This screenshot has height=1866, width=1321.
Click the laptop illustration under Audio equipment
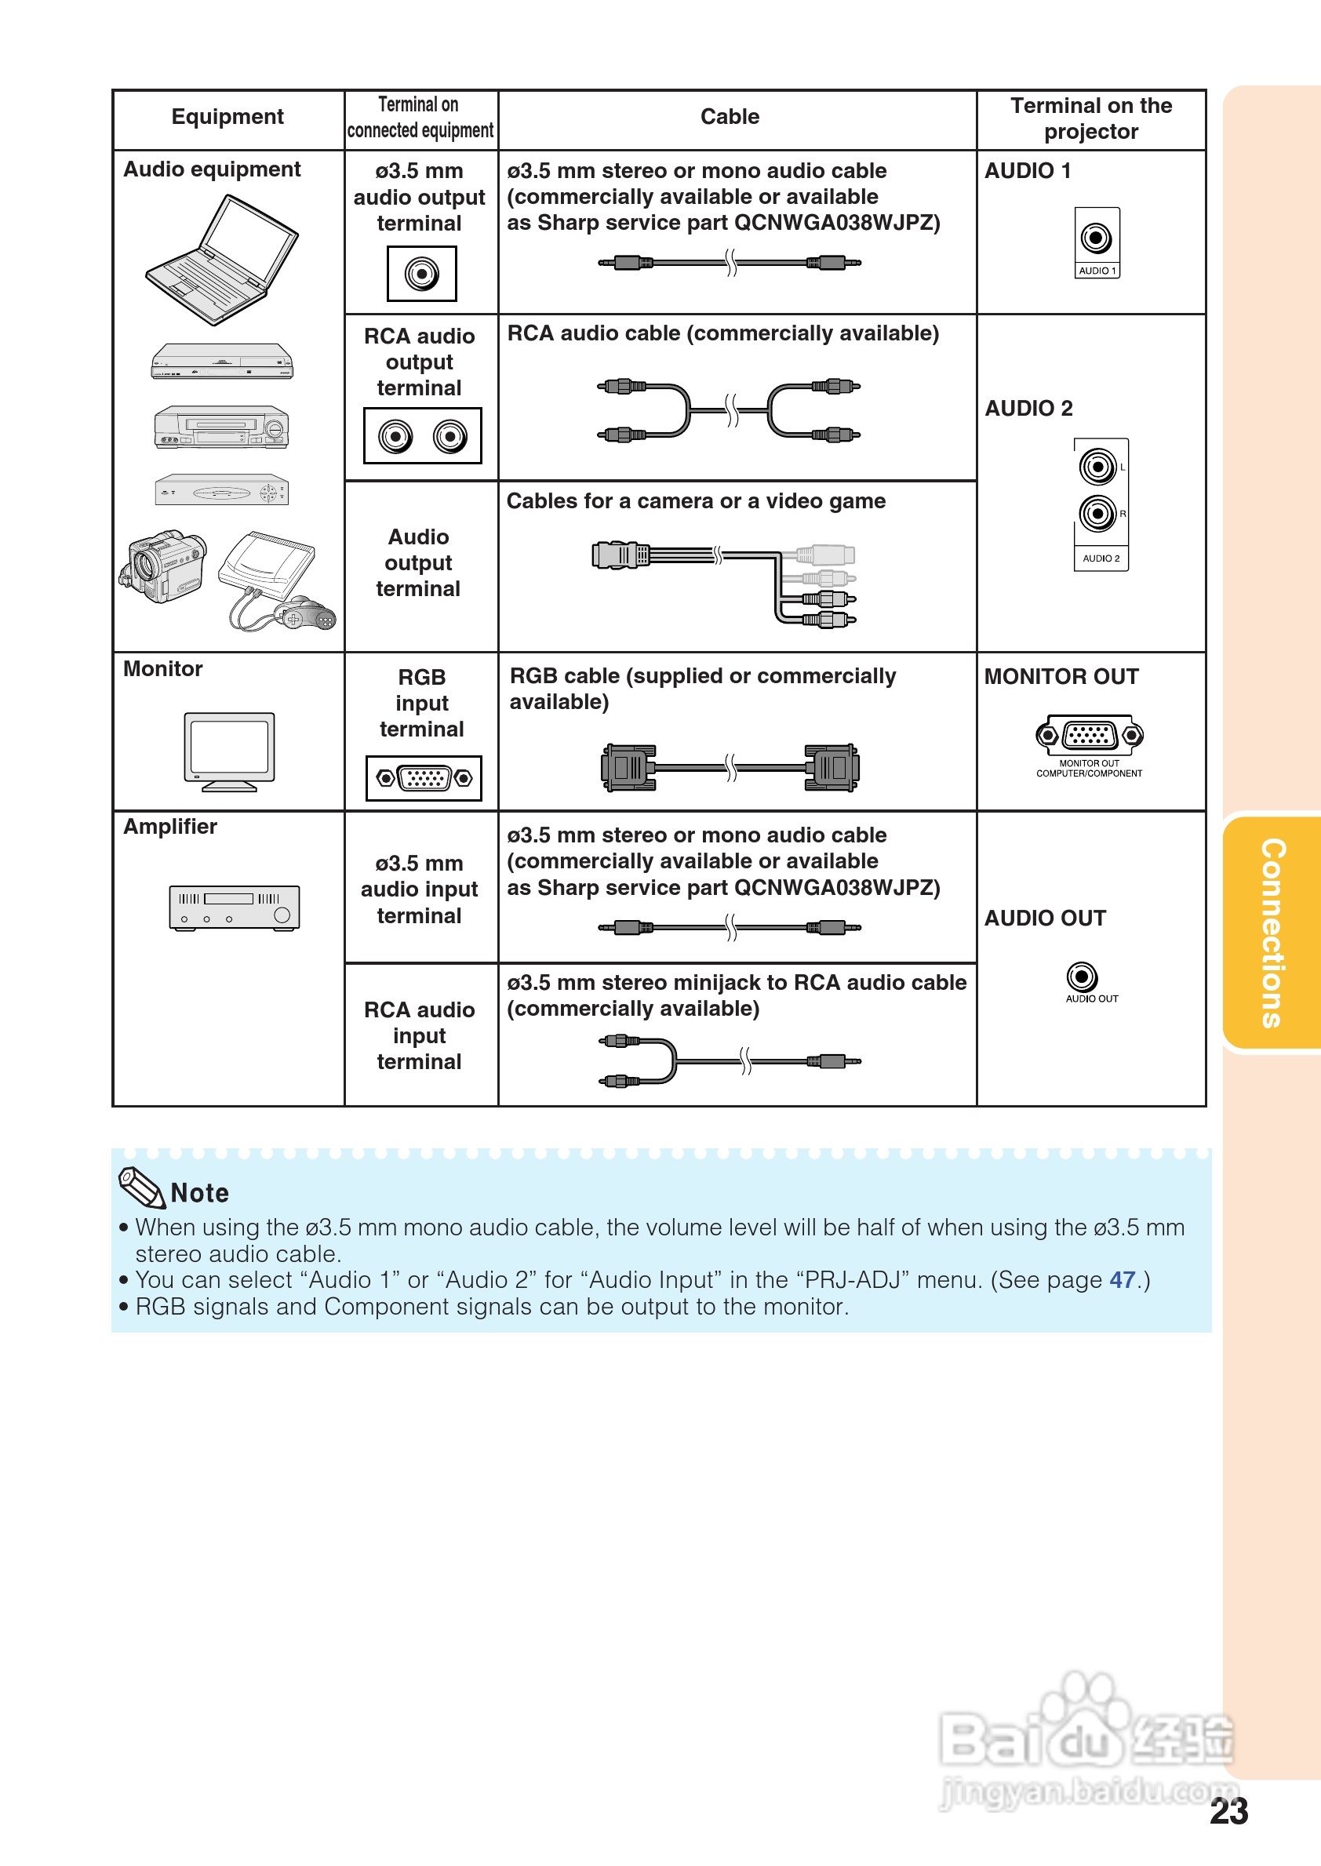coord(221,260)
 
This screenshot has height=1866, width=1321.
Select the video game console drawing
coord(277,579)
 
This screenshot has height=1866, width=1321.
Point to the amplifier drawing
coord(235,907)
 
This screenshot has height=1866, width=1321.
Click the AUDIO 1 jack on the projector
coord(1096,238)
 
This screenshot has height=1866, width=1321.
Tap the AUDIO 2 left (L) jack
coord(1097,467)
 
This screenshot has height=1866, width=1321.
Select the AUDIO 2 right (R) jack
coord(1097,513)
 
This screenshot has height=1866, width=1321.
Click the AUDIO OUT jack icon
coord(1081,976)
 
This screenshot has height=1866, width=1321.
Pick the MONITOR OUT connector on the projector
coord(1089,735)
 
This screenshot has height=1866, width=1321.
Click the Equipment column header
coord(227,117)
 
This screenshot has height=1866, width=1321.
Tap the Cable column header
coord(730,117)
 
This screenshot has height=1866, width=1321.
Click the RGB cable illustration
coord(730,767)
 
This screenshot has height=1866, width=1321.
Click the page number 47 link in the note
coord(1122,1279)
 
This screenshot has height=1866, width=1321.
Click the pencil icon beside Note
coord(141,1188)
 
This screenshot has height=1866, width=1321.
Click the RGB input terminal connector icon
coord(424,778)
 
